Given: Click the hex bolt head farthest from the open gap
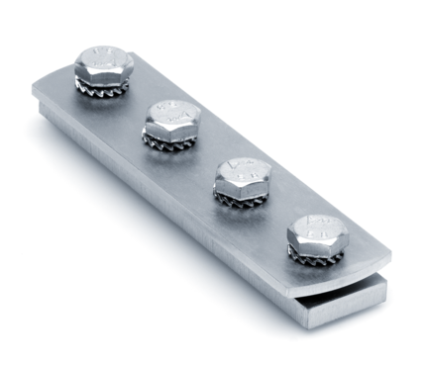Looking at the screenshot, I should click(104, 61).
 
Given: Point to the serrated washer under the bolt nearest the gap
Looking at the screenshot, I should click(317, 259).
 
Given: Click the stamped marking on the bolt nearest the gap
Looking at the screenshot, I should click(317, 226).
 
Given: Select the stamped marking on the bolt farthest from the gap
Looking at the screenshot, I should click(104, 54).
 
